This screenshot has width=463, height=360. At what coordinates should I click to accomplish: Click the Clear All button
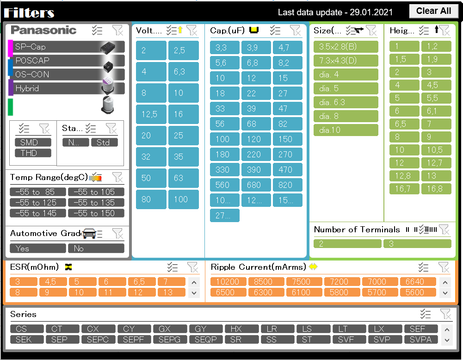pos(433,11)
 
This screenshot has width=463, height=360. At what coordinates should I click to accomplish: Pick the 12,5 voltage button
pos(151,114)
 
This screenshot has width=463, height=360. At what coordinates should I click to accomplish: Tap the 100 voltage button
pos(183,199)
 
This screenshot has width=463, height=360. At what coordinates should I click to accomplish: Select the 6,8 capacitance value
pos(256,63)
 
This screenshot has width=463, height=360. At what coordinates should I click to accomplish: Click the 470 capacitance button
pos(287,170)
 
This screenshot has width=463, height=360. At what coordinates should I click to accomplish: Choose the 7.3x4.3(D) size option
pos(346,61)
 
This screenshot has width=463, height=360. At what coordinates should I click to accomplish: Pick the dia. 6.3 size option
pos(346,102)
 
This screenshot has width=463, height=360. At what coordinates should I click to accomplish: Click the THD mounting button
pos(32,153)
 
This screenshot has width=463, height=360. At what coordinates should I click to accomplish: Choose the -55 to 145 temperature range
pos(38,213)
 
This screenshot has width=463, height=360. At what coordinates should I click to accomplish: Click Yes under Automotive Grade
pos(38,248)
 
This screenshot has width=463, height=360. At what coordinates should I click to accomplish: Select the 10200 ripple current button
pos(228,282)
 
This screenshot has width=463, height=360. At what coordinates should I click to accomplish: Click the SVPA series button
pos(421,340)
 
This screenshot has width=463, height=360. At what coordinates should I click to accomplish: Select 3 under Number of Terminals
pos(417,244)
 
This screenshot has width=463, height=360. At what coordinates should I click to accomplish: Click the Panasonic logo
pos(43,31)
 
